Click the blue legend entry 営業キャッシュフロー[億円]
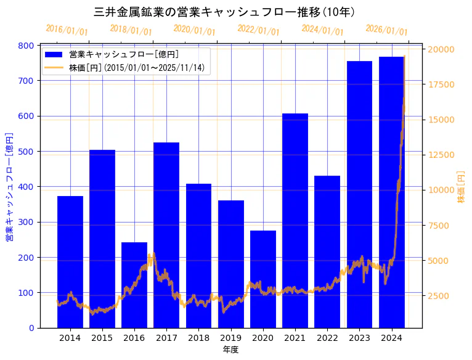(124, 55)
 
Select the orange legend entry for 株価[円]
(136, 68)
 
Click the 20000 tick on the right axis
(441, 49)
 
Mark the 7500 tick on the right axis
(439, 226)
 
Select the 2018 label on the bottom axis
(198, 338)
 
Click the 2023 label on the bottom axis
(359, 338)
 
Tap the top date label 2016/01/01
(67, 30)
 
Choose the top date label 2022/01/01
(258, 30)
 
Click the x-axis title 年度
(230, 350)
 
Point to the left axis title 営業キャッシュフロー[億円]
(9, 187)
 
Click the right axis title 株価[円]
(461, 187)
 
